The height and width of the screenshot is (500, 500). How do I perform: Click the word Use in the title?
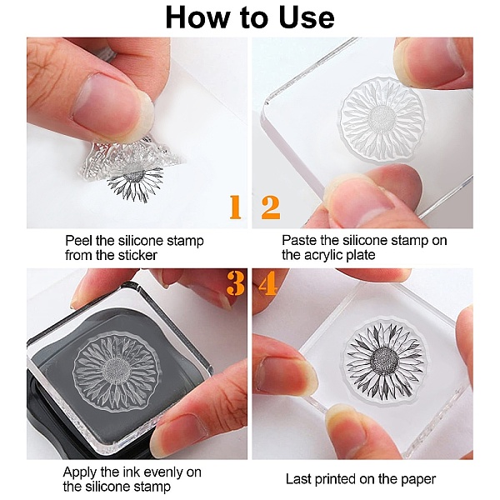coord(307,17)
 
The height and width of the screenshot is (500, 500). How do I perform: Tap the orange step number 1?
coord(235,207)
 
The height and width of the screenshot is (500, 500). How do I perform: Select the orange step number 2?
coord(270,207)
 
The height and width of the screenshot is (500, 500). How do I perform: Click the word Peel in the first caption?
coord(78,241)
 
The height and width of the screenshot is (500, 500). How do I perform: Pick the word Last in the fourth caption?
coord(297,479)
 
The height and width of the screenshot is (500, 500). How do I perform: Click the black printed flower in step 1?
coord(136,182)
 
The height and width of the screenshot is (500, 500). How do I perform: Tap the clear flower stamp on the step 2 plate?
coord(382,118)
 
